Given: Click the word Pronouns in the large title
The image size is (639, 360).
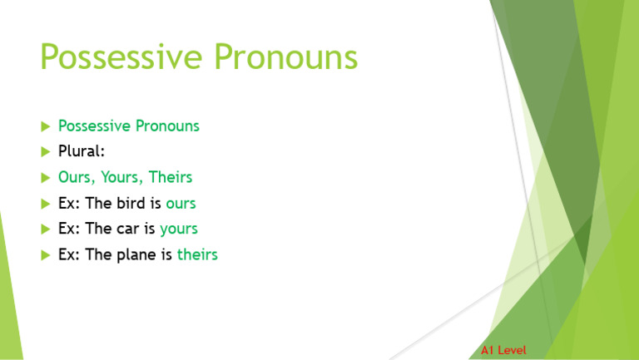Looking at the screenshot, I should (285, 58).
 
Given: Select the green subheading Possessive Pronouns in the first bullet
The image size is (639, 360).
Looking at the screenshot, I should (128, 126).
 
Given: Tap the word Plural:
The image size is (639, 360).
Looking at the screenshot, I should (81, 152).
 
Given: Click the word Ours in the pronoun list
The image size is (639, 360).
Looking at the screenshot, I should (76, 178).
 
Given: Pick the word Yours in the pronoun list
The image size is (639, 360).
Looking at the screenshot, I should (121, 178).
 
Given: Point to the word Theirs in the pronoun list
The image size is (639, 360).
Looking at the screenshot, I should (171, 178).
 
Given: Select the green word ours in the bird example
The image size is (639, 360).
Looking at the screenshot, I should (181, 204).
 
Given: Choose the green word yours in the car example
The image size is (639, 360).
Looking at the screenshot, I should (179, 229).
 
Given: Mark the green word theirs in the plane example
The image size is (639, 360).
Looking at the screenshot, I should (197, 254).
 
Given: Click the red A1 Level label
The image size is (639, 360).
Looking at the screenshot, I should (503, 350).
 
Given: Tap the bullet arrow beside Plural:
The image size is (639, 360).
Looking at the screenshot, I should (45, 152).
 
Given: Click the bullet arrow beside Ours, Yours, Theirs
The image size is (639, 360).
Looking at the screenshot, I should (45, 178).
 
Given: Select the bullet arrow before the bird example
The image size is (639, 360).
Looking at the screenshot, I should (45, 204).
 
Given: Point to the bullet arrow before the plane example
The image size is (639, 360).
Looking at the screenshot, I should (45, 255).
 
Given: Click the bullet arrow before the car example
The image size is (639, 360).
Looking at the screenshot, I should (45, 229).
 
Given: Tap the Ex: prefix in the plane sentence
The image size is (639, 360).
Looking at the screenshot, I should (69, 254).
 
